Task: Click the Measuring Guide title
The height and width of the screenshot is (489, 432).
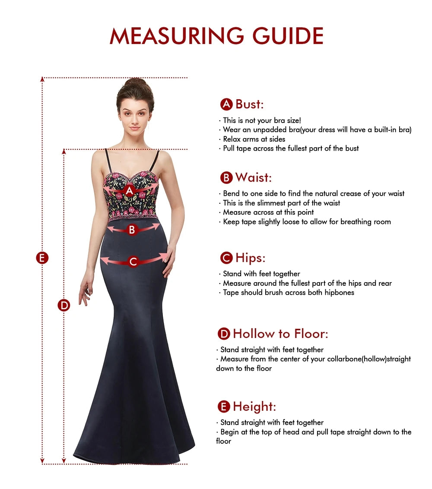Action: tap(216, 36)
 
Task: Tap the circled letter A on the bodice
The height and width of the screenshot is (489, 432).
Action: tap(129, 190)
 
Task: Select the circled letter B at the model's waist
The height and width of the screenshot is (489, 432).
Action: tap(132, 230)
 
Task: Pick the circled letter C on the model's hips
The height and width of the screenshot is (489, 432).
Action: tap(133, 262)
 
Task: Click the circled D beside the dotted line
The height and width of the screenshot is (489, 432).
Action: tap(64, 306)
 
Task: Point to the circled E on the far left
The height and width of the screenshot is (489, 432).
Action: tap(42, 258)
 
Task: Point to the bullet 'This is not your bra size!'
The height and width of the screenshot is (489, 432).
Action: tap(260, 120)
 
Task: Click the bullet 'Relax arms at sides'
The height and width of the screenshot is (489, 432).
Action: tap(252, 139)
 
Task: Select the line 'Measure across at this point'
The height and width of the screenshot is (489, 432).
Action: tap(267, 212)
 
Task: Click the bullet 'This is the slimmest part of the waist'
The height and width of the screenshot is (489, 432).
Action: tap(280, 203)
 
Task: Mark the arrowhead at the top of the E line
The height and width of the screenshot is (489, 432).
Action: tap(42, 79)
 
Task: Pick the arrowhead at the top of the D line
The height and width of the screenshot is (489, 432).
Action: tap(64, 151)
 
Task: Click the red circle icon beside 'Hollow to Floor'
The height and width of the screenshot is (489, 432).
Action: tap(224, 334)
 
